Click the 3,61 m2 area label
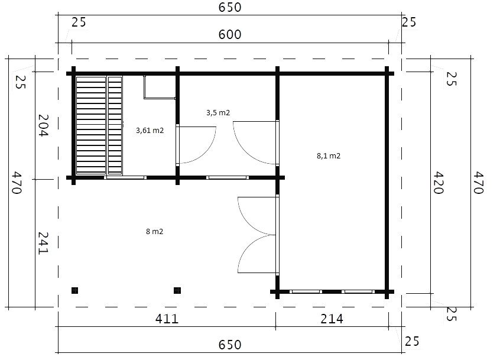[x=150, y=131]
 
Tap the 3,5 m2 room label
[x=218, y=112]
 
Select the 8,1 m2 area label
[x=329, y=156]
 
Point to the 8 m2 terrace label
[x=155, y=232]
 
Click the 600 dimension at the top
[x=230, y=34]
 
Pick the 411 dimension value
[x=167, y=319]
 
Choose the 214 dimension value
[x=332, y=319]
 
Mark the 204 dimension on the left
[x=43, y=125]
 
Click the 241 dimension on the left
[x=43, y=244]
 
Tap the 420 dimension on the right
[x=439, y=183]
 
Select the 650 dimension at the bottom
[x=230, y=345]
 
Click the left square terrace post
[x=74, y=290]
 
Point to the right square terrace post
[x=177, y=290]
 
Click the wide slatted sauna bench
[x=91, y=126]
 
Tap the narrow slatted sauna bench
[x=115, y=126]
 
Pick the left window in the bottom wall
[x=306, y=292]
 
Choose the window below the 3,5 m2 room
[x=228, y=177]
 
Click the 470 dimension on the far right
[x=479, y=183]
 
